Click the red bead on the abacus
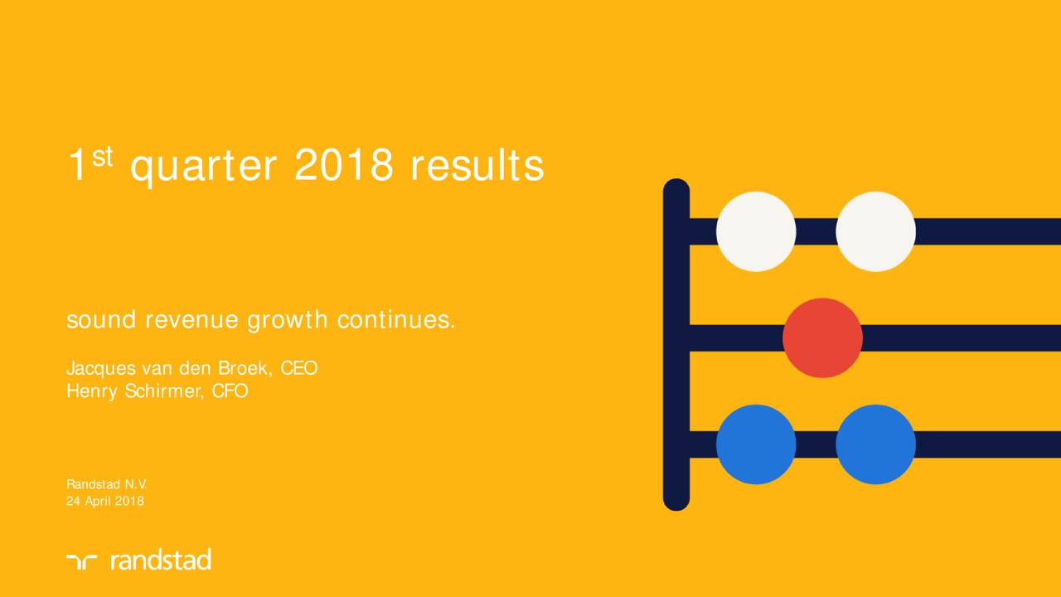tap(823, 337)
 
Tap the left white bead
tap(756, 231)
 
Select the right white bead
tap(876, 231)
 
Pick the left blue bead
tap(756, 444)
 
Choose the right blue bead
tap(876, 444)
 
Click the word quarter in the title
tap(203, 167)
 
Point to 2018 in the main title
tap(344, 164)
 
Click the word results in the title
tap(477, 164)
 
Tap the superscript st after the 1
tap(102, 157)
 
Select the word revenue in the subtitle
tap(191, 320)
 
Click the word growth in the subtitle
tap(288, 321)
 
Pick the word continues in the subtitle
tap(396, 319)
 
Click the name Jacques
tap(101, 369)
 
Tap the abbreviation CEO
tap(299, 368)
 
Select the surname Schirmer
tap(164, 391)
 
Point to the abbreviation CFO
tap(230, 391)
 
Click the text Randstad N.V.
tap(107, 484)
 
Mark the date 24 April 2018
tap(105, 502)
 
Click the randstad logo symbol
tap(81, 561)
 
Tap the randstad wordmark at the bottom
tap(161, 560)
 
